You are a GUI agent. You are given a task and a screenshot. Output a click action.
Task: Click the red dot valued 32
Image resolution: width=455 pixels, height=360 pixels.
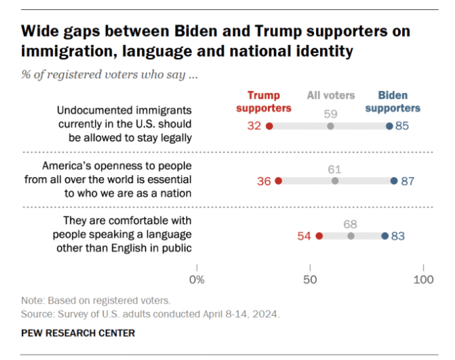point(269,126)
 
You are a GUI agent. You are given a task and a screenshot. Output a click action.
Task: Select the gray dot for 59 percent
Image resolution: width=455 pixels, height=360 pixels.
point(330,126)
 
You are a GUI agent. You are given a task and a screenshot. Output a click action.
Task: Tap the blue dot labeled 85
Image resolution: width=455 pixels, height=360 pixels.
point(390,126)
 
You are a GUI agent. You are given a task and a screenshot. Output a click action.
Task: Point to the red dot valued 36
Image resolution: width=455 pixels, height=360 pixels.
point(279,180)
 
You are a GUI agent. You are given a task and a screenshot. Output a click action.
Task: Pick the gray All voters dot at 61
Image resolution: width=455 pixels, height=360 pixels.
point(335,180)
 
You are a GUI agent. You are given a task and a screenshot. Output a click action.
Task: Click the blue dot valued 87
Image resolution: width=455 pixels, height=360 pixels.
point(394,180)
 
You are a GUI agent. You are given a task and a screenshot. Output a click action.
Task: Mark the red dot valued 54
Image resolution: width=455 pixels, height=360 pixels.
point(319,236)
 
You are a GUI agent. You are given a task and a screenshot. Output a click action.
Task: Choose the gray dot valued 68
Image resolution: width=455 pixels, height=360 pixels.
point(351,236)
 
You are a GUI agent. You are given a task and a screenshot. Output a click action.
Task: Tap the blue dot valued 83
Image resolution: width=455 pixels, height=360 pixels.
point(385,236)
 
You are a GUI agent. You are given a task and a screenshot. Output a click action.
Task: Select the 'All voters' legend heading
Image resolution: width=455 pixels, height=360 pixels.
point(331,96)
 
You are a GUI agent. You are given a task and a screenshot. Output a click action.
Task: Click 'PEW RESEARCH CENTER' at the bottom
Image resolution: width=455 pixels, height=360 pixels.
point(78,333)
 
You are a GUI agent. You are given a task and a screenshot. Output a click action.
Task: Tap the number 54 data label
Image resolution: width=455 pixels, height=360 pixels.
point(304,236)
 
